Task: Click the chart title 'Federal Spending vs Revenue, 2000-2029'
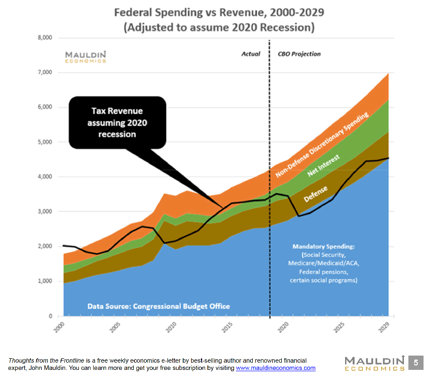(219, 12)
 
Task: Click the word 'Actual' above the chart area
(251, 54)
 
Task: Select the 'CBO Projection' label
(299, 54)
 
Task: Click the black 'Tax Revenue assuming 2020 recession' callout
(117, 122)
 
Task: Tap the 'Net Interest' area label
(324, 166)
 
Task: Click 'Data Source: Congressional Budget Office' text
(159, 306)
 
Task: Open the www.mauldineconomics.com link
(276, 368)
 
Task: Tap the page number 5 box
(416, 363)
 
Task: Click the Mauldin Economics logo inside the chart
(86, 56)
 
